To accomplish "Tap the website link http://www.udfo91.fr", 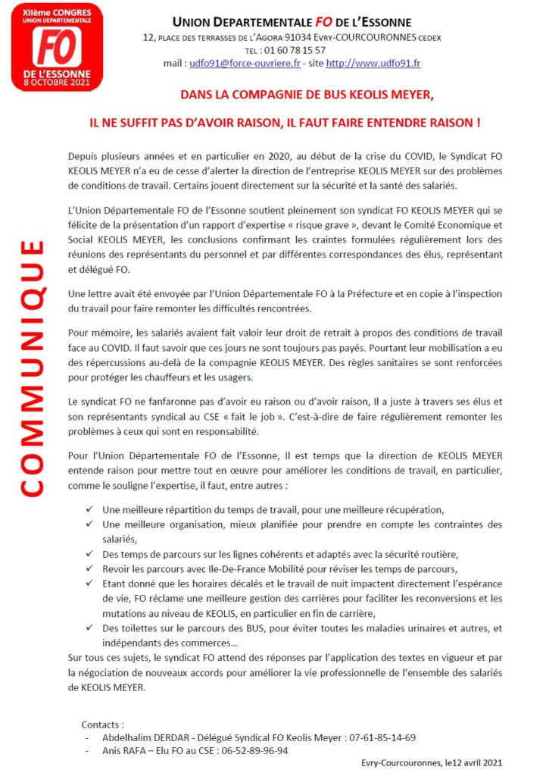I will coord(373,64).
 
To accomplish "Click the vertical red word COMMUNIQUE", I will coord(32,368).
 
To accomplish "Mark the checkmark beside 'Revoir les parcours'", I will coord(91,568).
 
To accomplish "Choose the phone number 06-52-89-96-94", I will coord(251,750).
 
